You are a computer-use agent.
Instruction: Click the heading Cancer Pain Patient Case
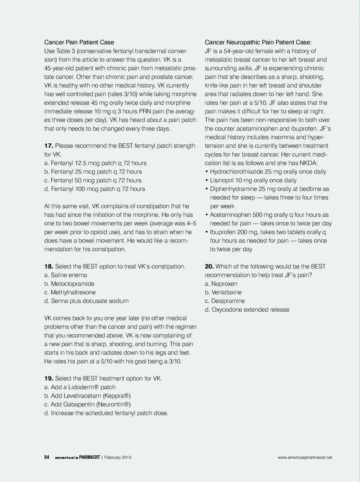[79, 42]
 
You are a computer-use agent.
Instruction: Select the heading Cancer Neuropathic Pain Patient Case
[258, 42]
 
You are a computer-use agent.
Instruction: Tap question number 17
[49, 146]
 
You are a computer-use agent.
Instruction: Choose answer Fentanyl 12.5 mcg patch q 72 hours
[95, 163]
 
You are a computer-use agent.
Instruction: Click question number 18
[49, 267]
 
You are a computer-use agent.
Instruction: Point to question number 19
[49, 378]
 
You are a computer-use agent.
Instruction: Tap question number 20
[209, 267]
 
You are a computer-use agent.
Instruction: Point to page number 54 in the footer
[47, 457]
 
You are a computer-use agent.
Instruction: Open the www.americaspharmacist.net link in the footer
[305, 457]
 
